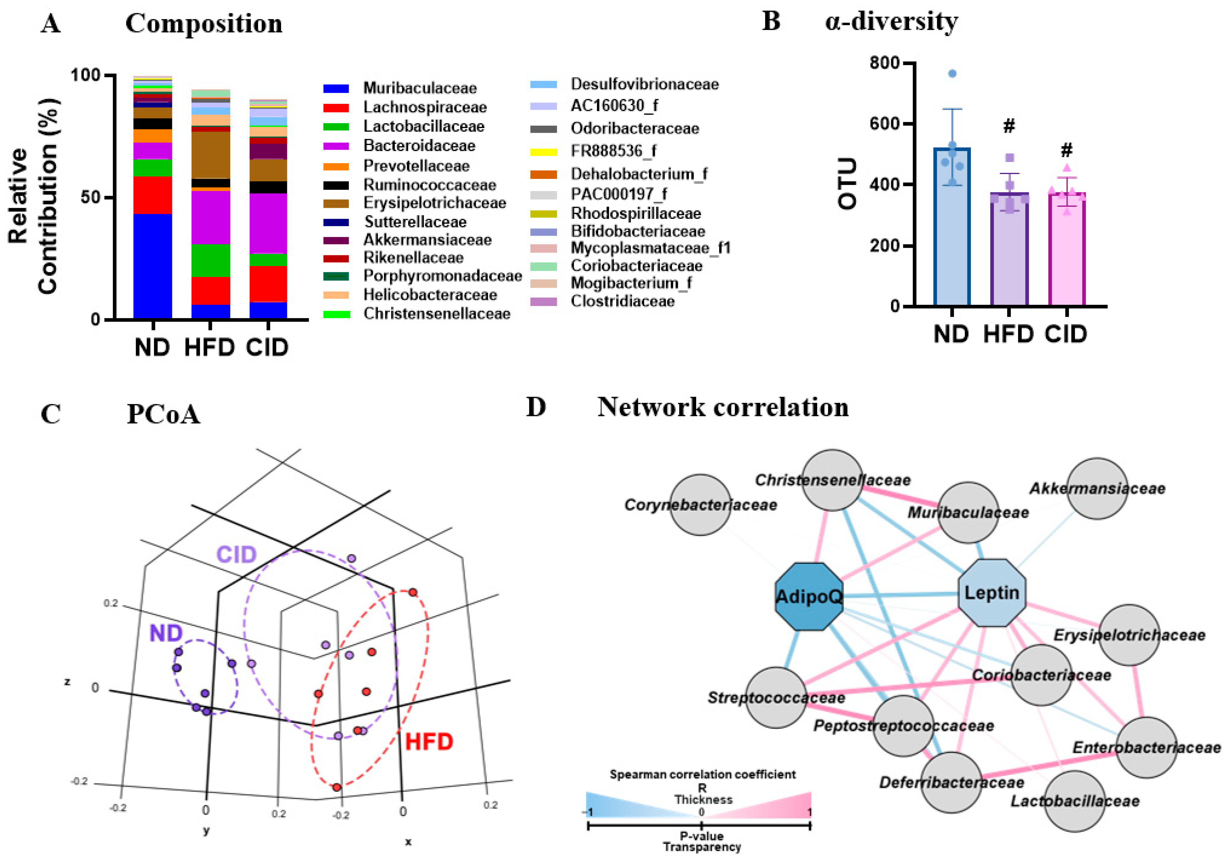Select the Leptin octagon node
point(991,593)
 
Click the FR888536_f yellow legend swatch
point(543,152)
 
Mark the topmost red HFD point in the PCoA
point(413,592)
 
